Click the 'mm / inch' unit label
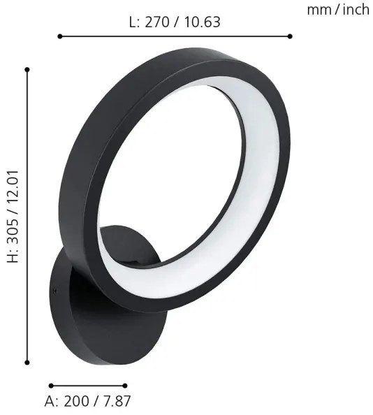click(337, 9)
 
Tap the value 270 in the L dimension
click(157, 22)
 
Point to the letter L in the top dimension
click(133, 22)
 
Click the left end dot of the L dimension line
click(60, 36)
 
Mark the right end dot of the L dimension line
click(290, 36)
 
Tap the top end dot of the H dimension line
click(27, 69)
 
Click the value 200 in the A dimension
click(76, 402)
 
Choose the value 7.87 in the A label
click(115, 402)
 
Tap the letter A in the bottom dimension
click(50, 402)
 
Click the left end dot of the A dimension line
click(51, 385)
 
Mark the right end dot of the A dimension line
click(126, 385)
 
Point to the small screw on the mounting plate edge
click(53, 289)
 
